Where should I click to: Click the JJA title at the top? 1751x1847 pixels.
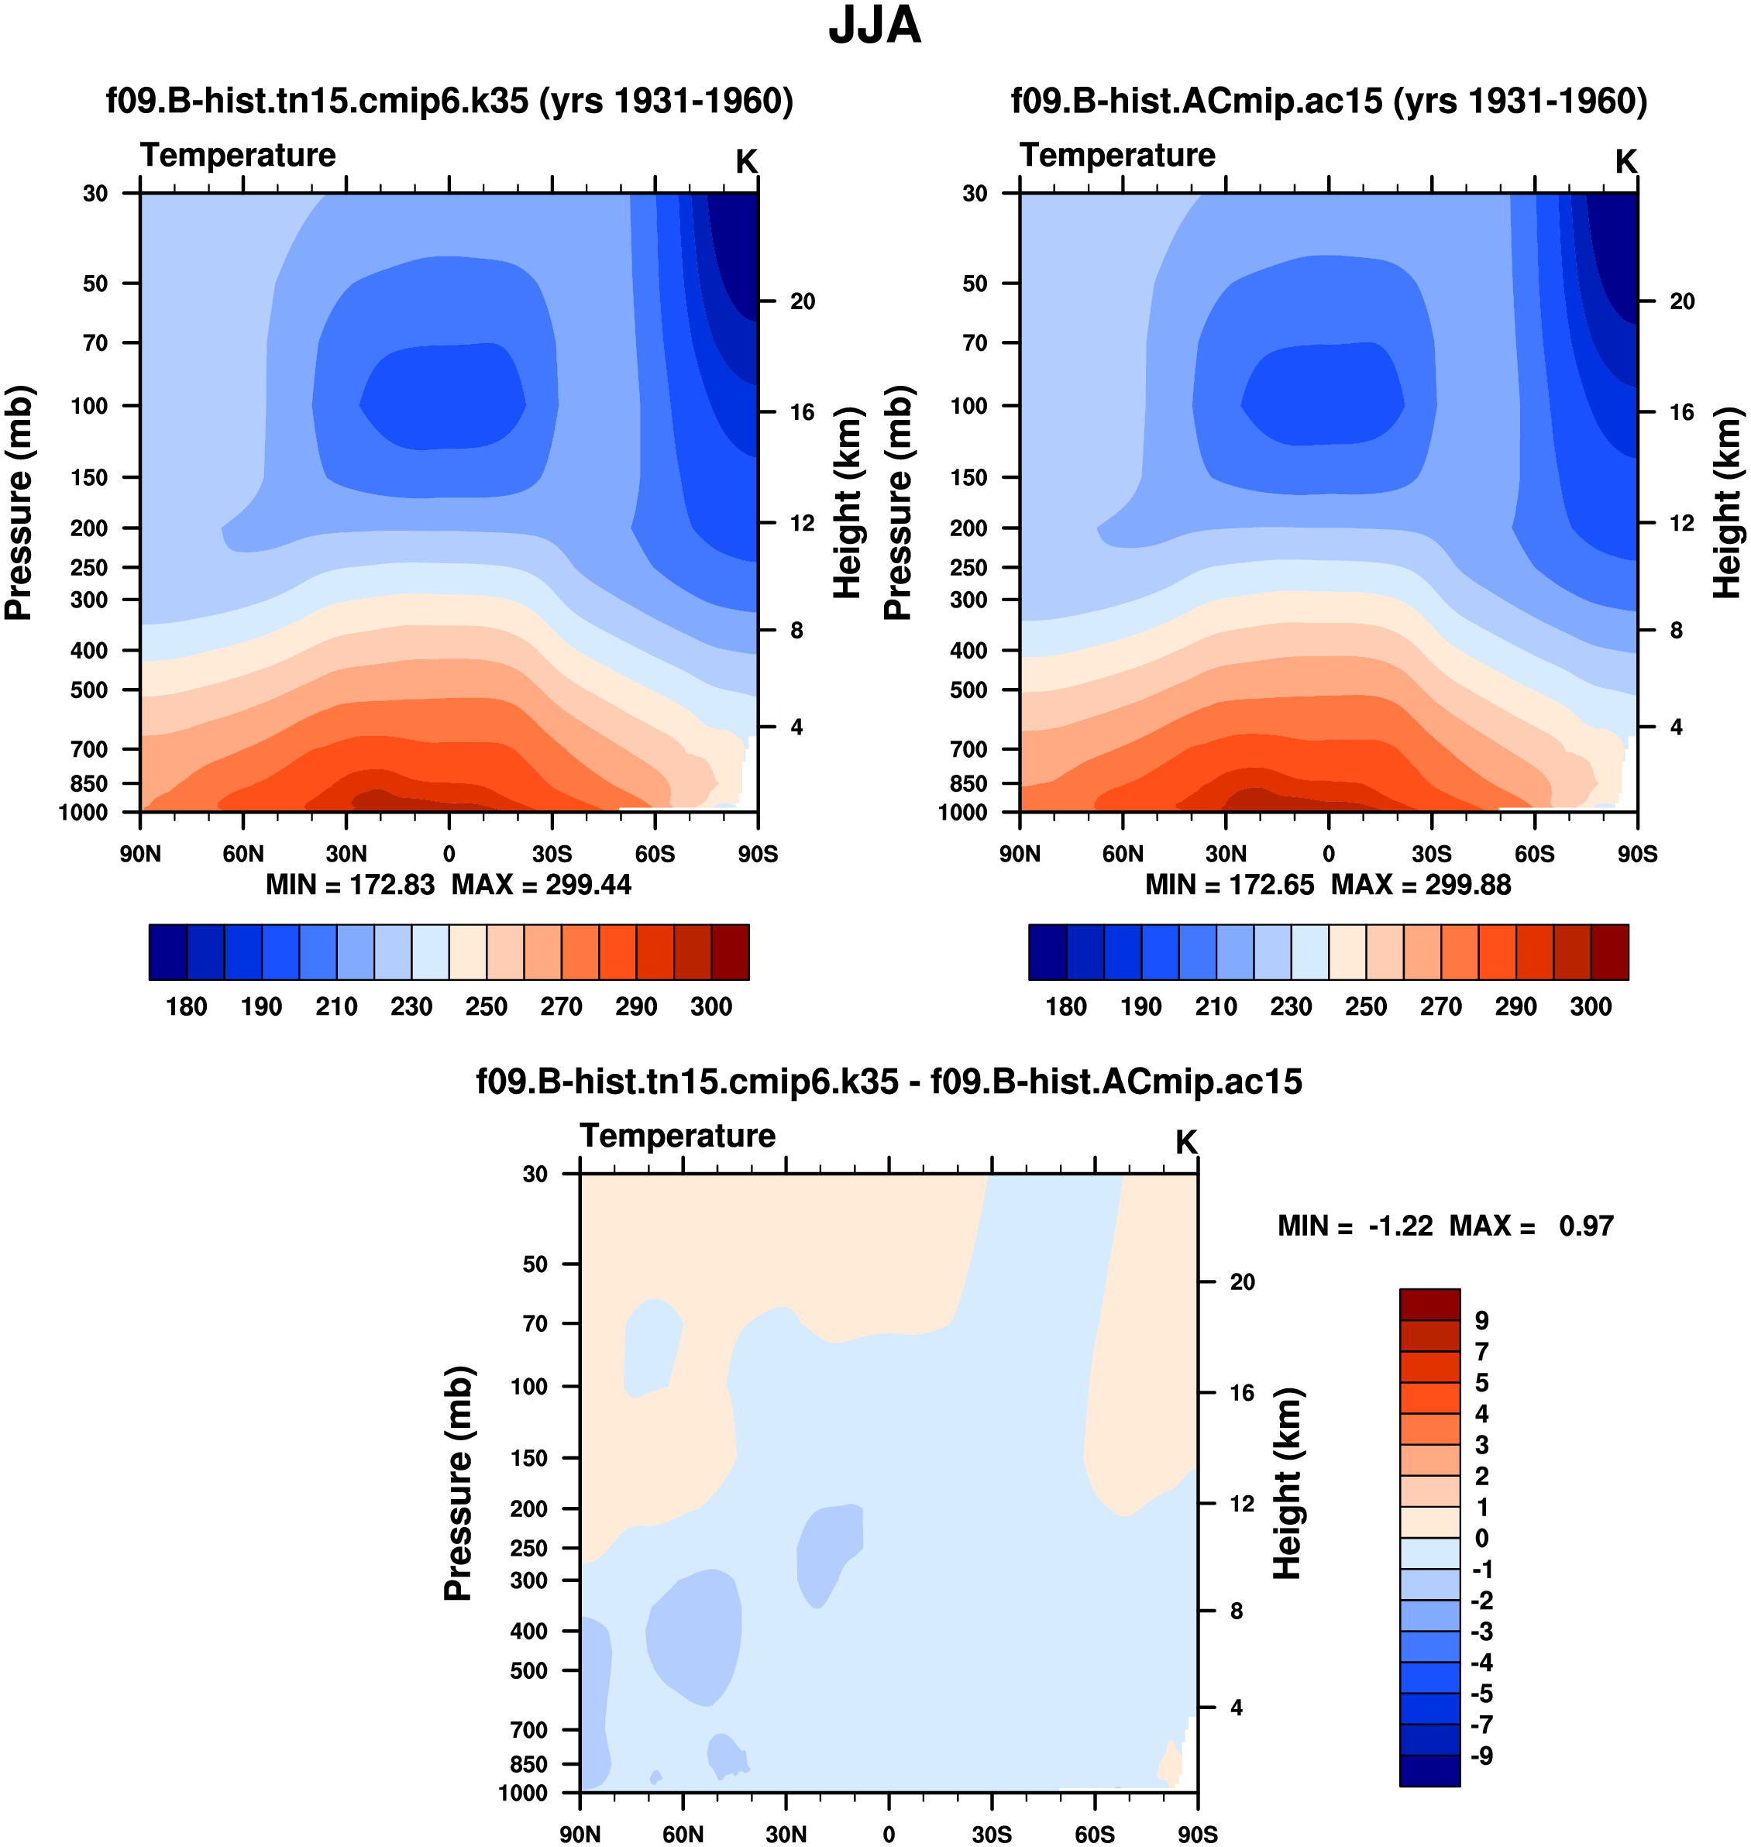pos(875,26)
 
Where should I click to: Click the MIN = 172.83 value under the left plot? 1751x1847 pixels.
pos(350,885)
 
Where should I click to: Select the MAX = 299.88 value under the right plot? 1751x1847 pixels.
pos(1421,885)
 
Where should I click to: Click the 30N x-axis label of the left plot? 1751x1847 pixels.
pos(346,854)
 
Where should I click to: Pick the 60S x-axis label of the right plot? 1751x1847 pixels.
pos(1535,854)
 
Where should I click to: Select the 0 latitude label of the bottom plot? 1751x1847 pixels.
pos(889,1834)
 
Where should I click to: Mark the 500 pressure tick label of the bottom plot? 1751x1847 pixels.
pos(528,1670)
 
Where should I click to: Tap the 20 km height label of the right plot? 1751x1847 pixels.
pos(1682,301)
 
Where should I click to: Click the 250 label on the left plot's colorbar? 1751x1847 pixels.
pos(487,1007)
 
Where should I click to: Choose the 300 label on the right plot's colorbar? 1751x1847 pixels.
pos(1591,1007)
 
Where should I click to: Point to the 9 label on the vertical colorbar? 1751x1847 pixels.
pos(1481,1321)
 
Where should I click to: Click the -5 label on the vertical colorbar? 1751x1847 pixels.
pos(1481,1694)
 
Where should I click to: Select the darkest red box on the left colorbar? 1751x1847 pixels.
pos(730,953)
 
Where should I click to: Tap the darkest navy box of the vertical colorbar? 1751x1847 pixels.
pos(1429,1770)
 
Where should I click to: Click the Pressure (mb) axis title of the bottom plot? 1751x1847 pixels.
pos(459,1484)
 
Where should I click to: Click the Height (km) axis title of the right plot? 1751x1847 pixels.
pos(1728,503)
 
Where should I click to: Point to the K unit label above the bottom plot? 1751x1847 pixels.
pos(1185,1142)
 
